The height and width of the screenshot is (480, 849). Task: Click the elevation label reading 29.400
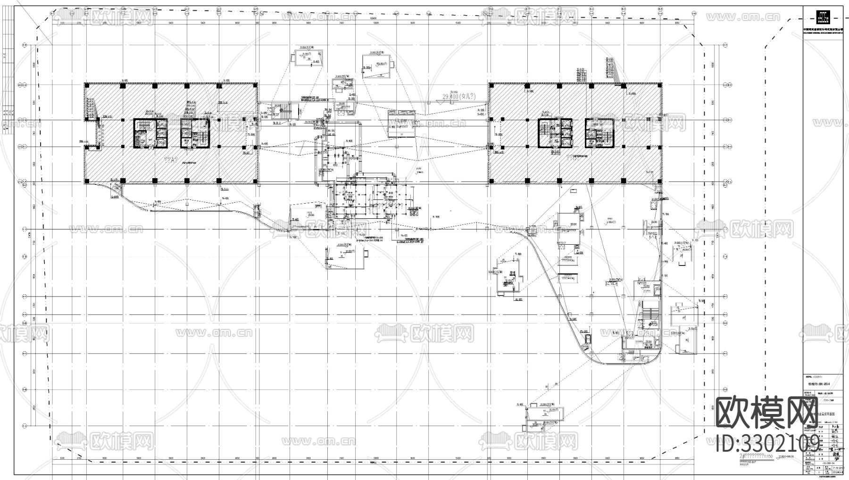tap(458, 96)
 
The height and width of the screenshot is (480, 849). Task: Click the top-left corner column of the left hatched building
tap(87, 86)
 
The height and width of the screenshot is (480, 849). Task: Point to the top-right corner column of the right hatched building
tap(660, 86)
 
